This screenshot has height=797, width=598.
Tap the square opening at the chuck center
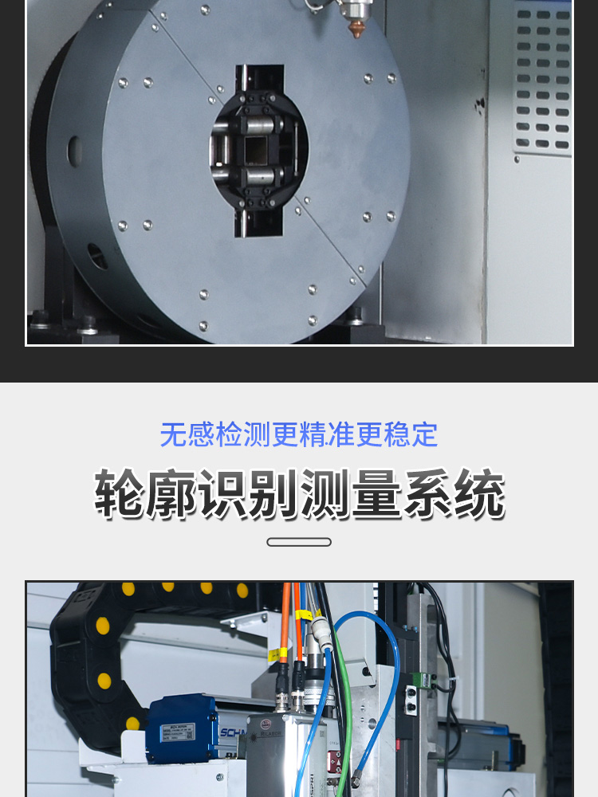(259, 150)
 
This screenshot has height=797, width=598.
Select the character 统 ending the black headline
(479, 494)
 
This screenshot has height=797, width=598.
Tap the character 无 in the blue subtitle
(173, 434)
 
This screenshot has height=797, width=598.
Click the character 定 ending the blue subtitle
(425, 434)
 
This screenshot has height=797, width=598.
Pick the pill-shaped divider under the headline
(299, 542)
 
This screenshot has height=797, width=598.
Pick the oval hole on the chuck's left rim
(74, 151)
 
